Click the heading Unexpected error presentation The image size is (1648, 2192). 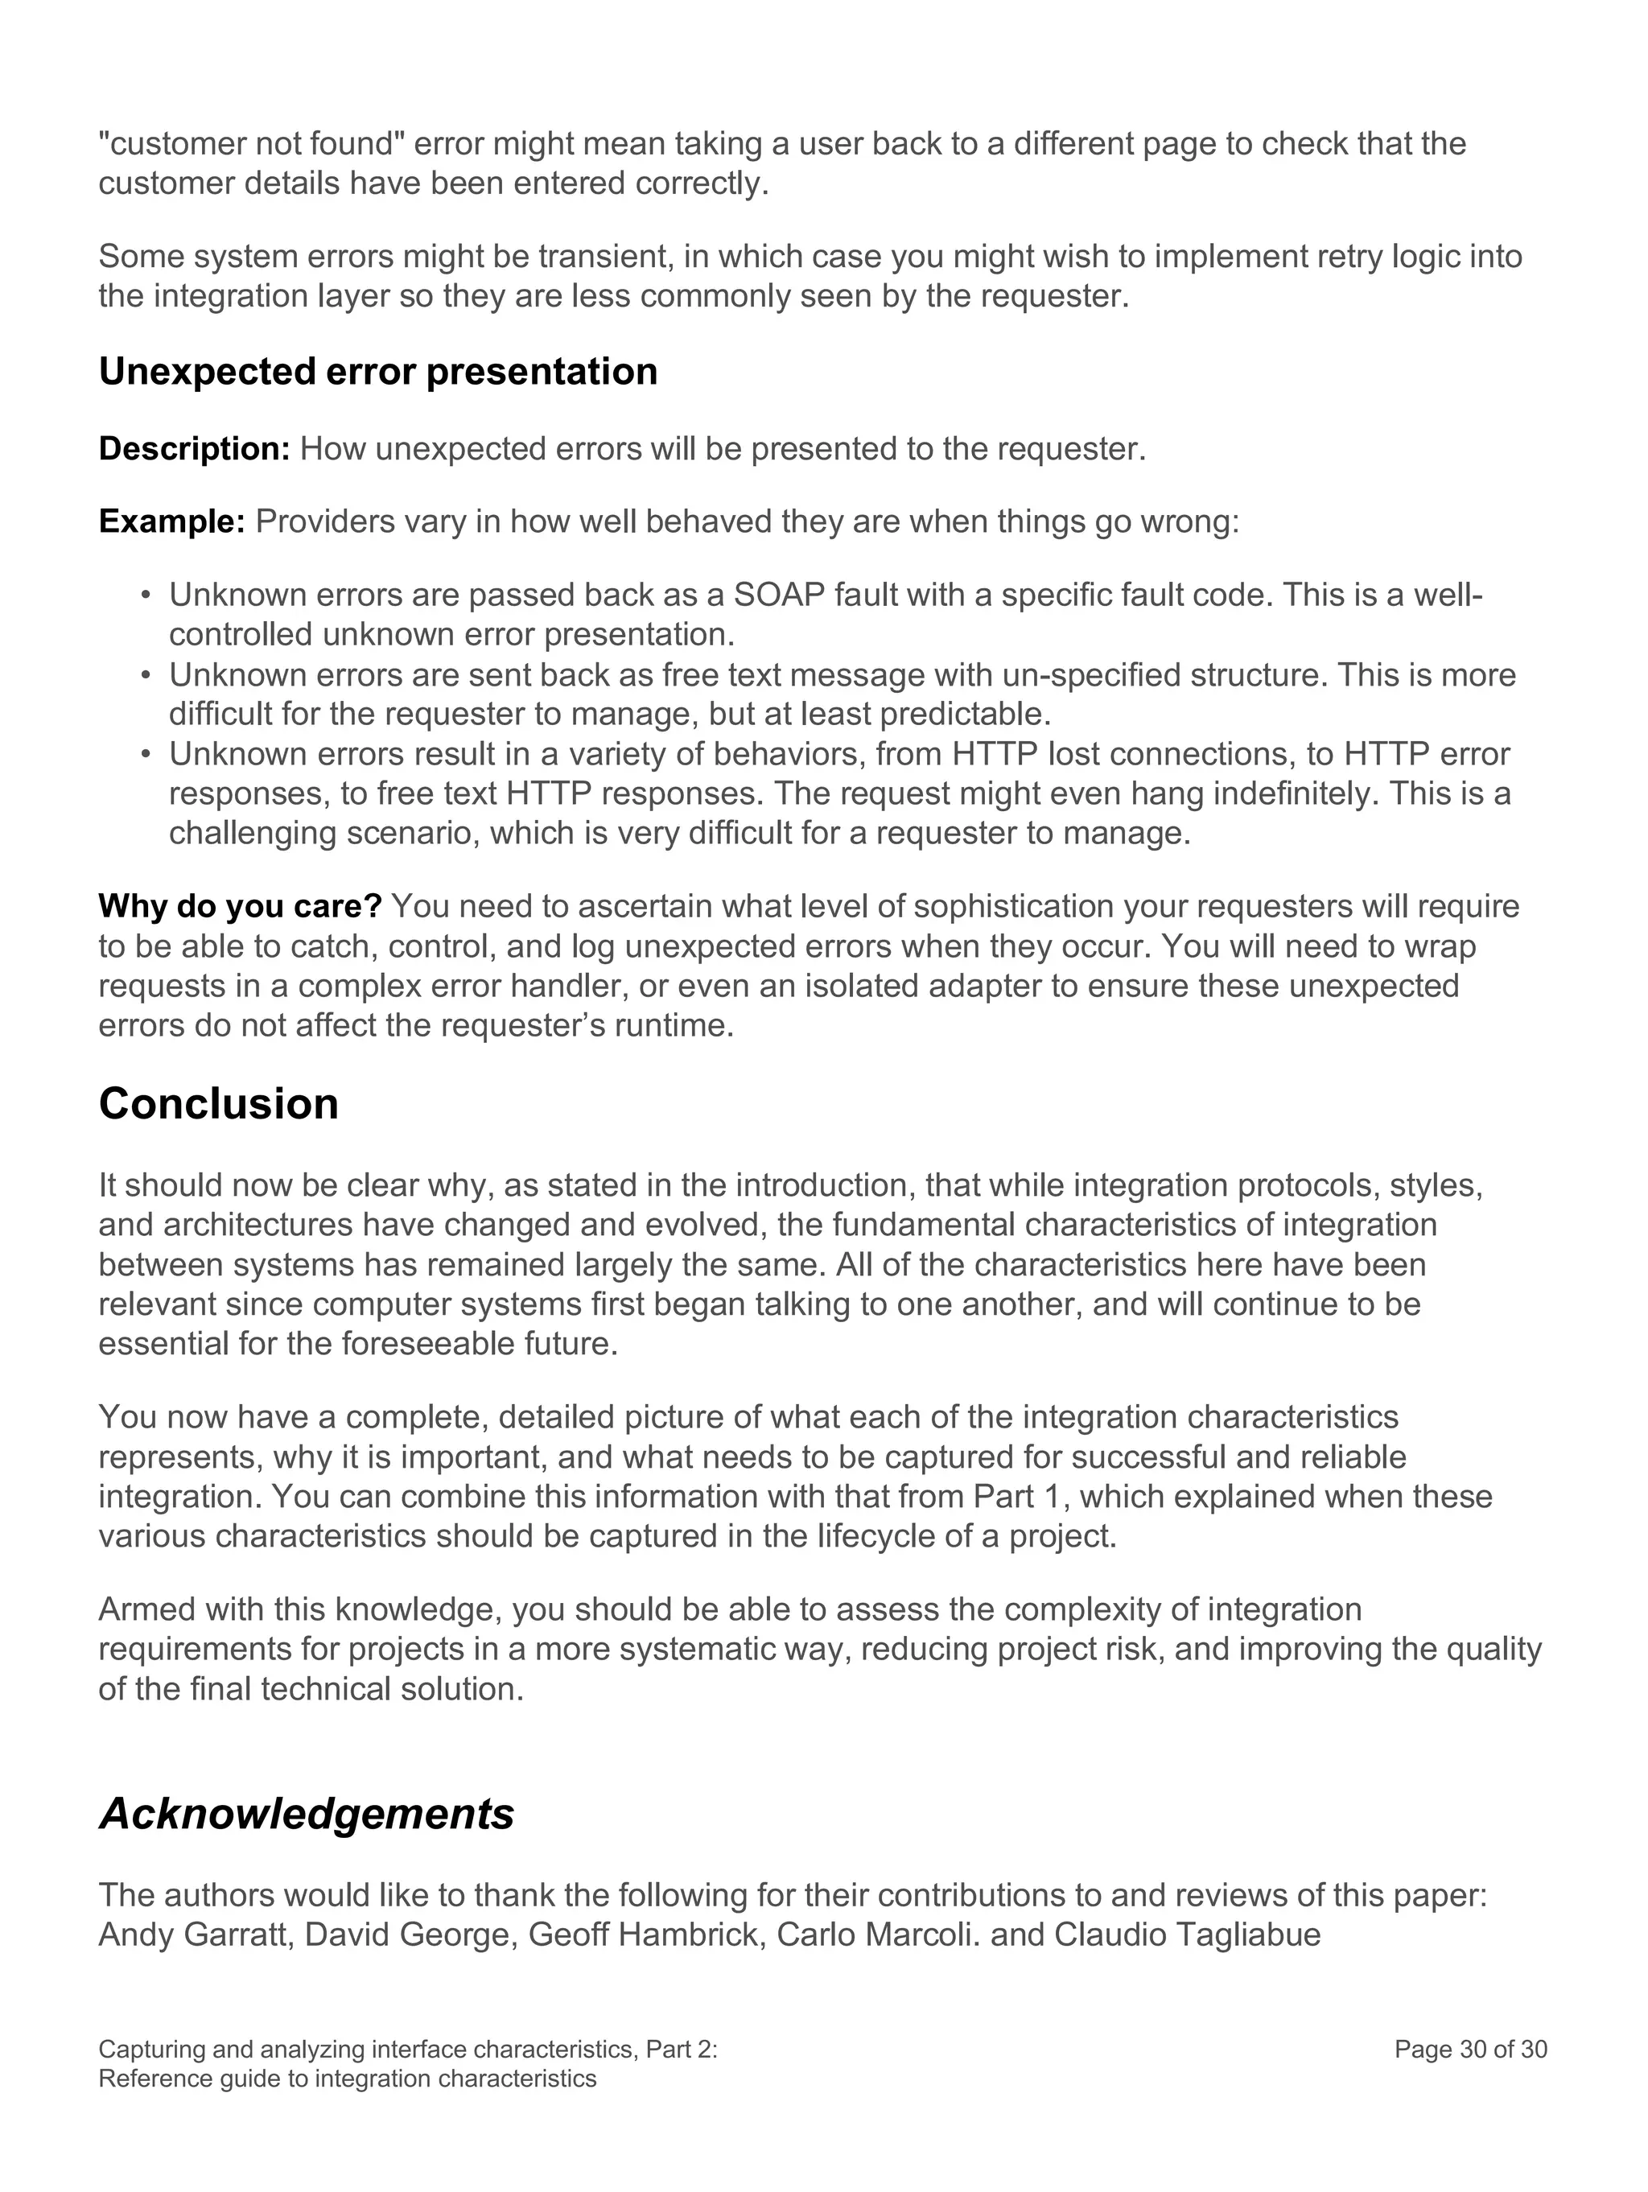(x=377, y=372)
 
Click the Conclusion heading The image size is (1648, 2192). (x=218, y=1104)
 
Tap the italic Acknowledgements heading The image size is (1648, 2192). (x=307, y=1814)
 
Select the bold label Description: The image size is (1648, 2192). (x=194, y=449)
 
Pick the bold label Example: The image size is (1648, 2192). (x=171, y=521)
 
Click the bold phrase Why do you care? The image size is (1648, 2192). (x=240, y=906)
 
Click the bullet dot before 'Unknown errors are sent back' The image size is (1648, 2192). (x=146, y=676)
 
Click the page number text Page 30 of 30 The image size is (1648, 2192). (x=1469, y=2050)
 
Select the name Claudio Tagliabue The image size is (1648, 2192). (x=1186, y=1934)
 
